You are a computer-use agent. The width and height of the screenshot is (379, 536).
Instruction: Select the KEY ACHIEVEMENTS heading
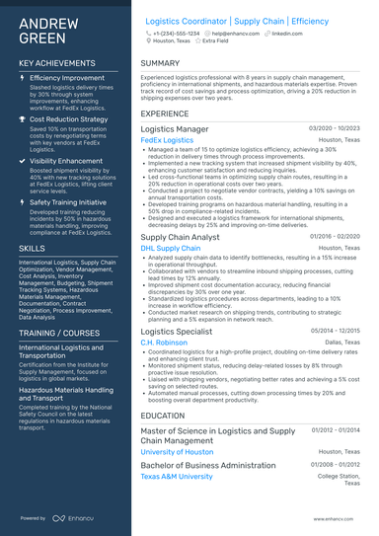[x=57, y=62]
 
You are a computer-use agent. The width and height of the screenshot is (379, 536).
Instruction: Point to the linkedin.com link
[x=287, y=34]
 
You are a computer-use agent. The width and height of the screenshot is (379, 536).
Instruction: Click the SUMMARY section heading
[x=160, y=63]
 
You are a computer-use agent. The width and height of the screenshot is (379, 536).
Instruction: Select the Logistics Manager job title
[x=175, y=129]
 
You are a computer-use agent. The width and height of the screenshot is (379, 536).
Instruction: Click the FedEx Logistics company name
[x=168, y=141]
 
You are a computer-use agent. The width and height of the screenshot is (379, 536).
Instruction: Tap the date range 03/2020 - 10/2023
[x=335, y=128]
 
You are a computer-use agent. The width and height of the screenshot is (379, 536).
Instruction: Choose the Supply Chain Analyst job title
[x=182, y=238]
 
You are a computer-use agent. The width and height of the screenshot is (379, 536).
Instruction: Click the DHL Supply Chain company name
[x=171, y=249]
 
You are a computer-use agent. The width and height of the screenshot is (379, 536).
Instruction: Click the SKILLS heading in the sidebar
[x=32, y=249]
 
